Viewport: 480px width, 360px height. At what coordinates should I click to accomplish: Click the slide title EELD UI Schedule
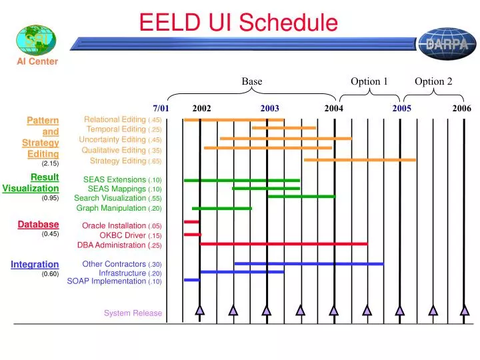(239, 24)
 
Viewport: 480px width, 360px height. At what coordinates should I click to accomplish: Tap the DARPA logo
(446, 43)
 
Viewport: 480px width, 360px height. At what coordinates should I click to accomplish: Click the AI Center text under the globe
(37, 61)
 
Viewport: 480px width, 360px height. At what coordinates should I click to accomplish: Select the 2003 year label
(270, 108)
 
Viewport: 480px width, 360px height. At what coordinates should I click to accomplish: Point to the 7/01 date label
(161, 108)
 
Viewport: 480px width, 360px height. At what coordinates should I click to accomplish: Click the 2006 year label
(461, 108)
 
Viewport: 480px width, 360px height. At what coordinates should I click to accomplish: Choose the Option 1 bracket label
(369, 81)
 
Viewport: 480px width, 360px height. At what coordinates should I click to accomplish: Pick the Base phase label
(251, 81)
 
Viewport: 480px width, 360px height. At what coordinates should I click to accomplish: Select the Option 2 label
(433, 81)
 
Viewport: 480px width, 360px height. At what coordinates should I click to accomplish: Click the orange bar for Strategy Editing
(360, 160)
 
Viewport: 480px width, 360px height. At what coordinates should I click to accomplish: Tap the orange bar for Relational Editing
(234, 120)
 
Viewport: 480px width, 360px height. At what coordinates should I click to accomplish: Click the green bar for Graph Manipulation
(222, 209)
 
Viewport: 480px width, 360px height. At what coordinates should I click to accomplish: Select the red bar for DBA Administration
(283, 244)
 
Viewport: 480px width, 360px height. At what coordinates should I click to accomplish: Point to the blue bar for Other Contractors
(309, 264)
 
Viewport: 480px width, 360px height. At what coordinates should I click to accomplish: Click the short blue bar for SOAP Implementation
(191, 280)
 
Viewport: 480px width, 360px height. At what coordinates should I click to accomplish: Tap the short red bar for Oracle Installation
(191, 221)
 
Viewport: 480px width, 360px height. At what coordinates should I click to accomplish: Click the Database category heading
(38, 225)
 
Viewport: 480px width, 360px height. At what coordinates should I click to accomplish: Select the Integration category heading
(35, 265)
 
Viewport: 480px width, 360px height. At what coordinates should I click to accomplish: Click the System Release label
(133, 313)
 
